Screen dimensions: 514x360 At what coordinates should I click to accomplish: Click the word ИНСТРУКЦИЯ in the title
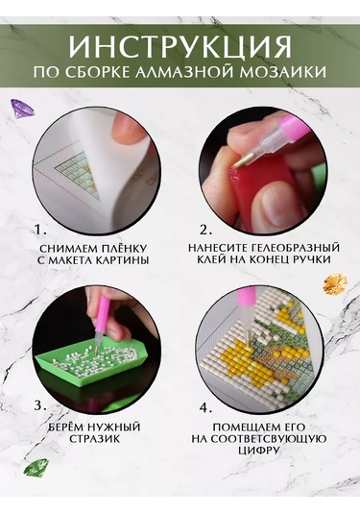point(180,46)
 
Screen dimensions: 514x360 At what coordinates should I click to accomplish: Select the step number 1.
point(39,231)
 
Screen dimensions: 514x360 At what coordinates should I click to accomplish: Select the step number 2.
point(204,231)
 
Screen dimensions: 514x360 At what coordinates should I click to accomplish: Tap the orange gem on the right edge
point(335,284)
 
